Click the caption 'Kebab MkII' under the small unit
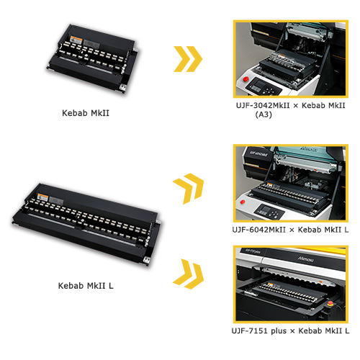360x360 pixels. [86, 113]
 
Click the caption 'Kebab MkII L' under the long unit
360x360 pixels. [86, 286]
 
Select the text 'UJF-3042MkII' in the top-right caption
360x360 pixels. [263, 105]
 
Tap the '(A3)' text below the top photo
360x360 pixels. [264, 114]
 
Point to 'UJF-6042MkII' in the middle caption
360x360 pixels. [259, 230]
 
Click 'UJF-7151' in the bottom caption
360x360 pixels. [250, 330]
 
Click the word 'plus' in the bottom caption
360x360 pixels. [279, 331]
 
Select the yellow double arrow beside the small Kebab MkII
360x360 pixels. [188, 59]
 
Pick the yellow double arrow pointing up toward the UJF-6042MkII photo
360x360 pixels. [189, 188]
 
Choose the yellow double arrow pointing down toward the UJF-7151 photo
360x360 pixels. [189, 274]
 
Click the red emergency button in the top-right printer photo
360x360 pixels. [246, 79]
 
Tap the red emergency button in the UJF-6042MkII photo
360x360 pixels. [243, 202]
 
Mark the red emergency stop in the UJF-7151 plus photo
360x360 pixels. [330, 303]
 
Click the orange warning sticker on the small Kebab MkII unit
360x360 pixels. [76, 40]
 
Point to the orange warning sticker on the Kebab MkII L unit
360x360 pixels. [43, 197]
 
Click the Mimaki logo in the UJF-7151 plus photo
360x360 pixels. [306, 259]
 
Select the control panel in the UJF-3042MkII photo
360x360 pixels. [264, 86]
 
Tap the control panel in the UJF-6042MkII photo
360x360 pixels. [269, 212]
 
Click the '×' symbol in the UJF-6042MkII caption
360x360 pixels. [292, 230]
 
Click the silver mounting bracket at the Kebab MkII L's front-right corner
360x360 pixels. [145, 261]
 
